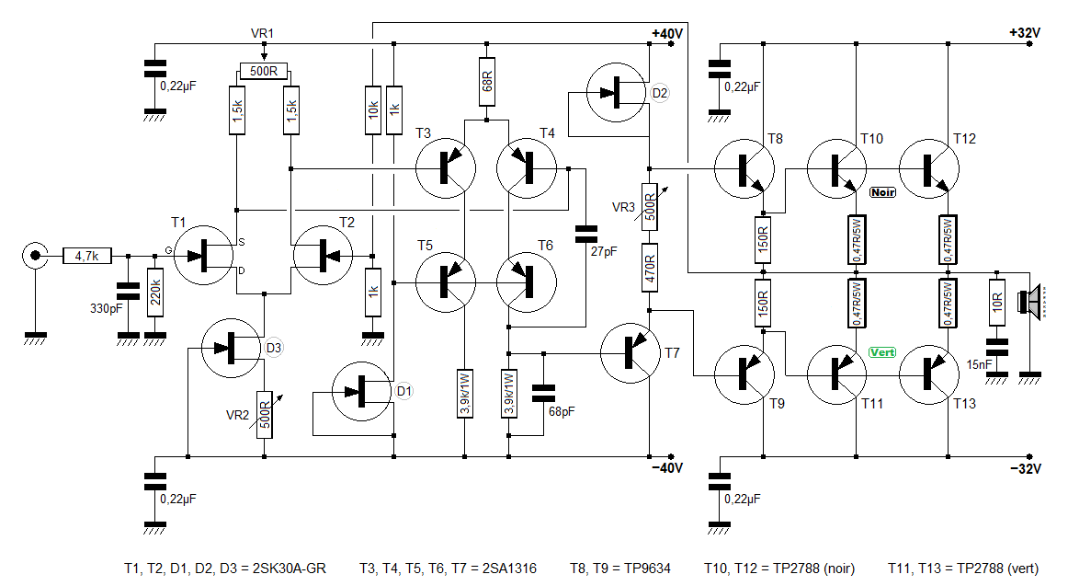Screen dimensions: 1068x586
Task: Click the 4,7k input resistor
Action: [x=87, y=257]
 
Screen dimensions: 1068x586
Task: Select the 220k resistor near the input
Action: [x=155, y=292]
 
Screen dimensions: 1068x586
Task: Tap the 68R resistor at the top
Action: [x=486, y=82]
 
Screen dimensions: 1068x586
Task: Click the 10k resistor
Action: [x=372, y=110]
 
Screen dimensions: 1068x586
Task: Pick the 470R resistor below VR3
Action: [x=650, y=268]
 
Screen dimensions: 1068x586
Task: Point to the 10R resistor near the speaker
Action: [x=996, y=303]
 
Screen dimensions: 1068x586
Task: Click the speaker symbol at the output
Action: [x=1029, y=301]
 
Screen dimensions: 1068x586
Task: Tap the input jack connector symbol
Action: [x=34, y=257]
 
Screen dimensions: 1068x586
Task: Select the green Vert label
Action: [x=882, y=352]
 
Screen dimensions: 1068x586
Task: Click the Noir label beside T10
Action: [x=882, y=193]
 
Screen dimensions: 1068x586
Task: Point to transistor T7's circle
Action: [x=630, y=353]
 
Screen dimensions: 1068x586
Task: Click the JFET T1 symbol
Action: [x=204, y=256]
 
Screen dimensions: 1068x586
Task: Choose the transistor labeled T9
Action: [x=744, y=374]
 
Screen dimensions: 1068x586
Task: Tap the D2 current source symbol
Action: [x=617, y=93]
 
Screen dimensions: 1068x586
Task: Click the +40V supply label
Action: [x=667, y=33]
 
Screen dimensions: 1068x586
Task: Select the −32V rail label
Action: [x=1025, y=469]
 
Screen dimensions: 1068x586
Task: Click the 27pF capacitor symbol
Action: [x=585, y=235]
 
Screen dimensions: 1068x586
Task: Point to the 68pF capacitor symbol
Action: [x=543, y=393]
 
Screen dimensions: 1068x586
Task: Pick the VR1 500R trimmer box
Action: [x=264, y=71]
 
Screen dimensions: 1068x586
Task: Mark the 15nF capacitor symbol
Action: [x=996, y=347]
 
